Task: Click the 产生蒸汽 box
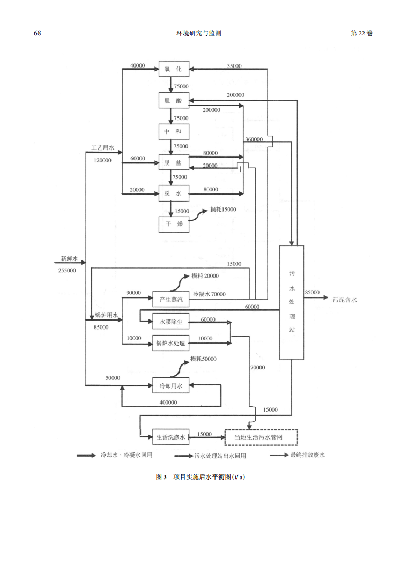tap(170, 299)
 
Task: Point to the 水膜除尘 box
tap(170, 322)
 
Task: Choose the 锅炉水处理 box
tap(170, 344)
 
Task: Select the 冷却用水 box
tap(170, 385)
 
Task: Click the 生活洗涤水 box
tap(170, 437)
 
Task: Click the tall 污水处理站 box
tap(292, 302)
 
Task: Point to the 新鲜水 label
tap(69, 259)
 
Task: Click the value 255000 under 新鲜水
tap(67, 271)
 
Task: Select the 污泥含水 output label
tap(345, 300)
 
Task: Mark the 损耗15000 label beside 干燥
tap(223, 209)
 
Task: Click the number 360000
tap(254, 139)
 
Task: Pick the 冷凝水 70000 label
tap(209, 294)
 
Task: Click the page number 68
tap(38, 33)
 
